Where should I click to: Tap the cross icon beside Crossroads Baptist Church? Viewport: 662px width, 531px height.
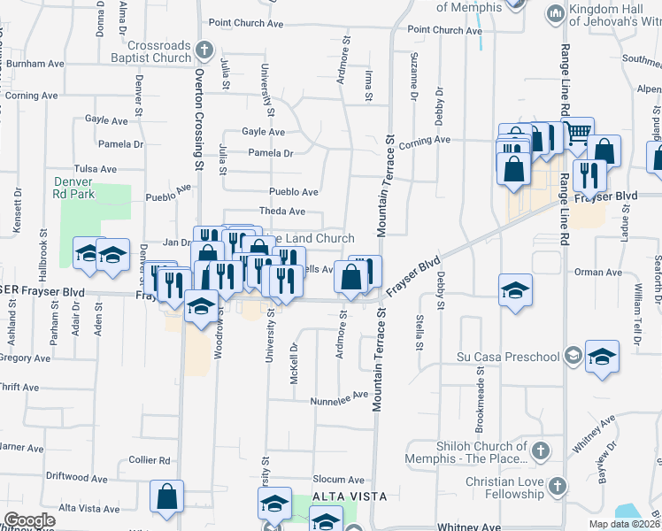point(204,50)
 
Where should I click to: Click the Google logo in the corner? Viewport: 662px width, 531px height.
point(29,520)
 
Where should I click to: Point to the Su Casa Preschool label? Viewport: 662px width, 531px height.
point(508,357)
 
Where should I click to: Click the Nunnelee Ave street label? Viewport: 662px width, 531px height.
point(338,401)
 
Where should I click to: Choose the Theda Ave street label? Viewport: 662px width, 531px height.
point(281,212)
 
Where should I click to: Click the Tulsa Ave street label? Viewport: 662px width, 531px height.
point(96,168)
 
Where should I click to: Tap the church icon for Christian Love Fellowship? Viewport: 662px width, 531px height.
point(557,485)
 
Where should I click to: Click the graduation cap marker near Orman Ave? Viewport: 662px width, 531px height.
point(515,290)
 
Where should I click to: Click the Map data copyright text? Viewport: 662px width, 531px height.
point(625,524)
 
